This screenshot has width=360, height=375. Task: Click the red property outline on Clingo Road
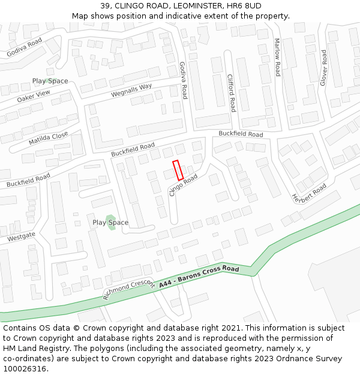178,170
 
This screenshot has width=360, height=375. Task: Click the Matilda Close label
48,139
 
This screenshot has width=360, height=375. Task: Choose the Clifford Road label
231,93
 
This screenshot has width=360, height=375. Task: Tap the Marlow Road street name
277,58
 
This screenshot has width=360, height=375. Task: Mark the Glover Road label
323,68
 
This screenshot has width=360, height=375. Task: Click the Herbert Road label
309,194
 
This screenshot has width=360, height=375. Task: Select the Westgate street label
22,237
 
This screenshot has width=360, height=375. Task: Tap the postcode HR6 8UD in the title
247,6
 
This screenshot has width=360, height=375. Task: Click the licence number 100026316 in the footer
25,368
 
